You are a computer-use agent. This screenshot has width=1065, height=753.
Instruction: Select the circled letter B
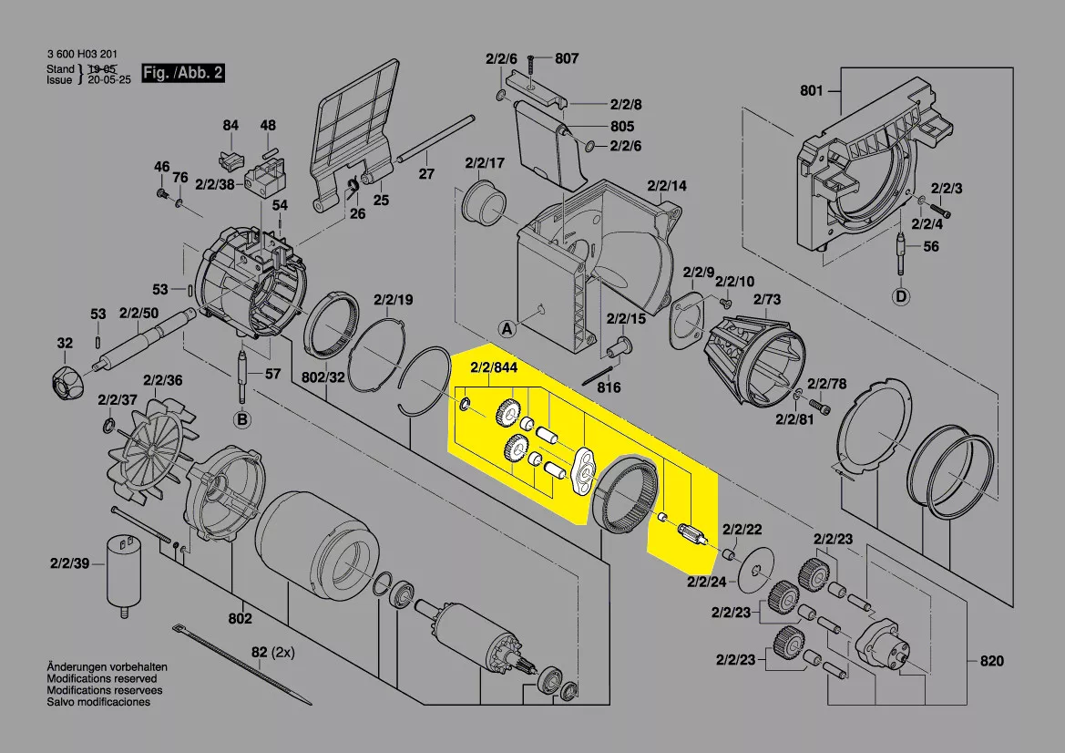pos(241,419)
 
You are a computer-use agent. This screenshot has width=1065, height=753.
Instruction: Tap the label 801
pos(811,90)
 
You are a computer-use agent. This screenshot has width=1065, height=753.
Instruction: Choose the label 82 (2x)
pos(273,653)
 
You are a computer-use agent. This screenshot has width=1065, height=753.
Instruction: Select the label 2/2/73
pos(766,298)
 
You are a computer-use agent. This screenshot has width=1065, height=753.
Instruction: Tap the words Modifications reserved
pos(101,679)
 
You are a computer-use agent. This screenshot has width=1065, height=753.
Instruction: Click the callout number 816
pos(609,387)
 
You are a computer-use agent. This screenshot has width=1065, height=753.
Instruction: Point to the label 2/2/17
pos(484,163)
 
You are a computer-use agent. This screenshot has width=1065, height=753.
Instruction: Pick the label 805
pos(622,126)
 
